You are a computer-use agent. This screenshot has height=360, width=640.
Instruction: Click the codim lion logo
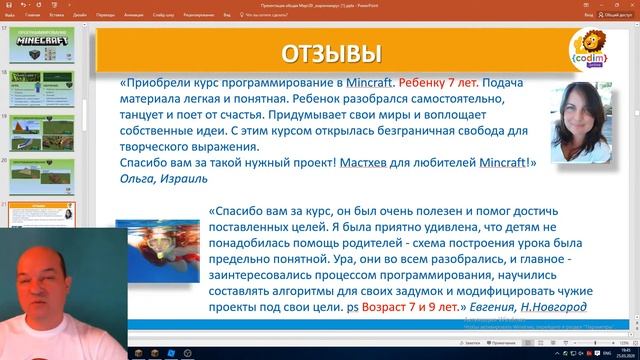(582, 49)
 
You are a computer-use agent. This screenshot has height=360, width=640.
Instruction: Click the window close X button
(630, 4)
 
